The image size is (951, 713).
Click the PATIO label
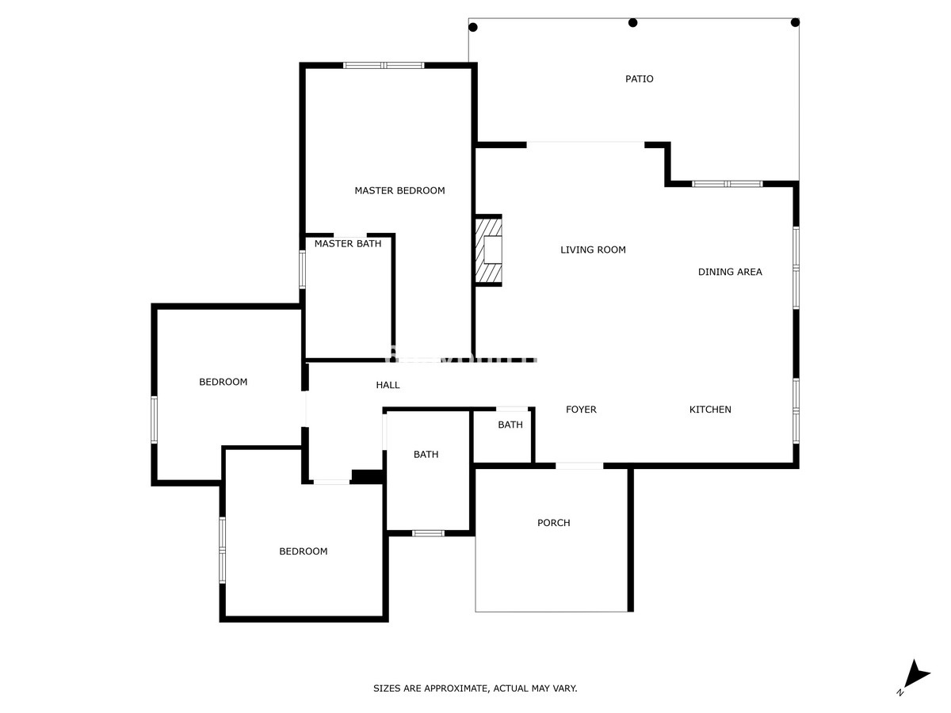(x=639, y=79)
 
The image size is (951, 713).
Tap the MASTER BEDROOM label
(x=399, y=191)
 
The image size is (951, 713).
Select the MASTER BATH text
(x=347, y=244)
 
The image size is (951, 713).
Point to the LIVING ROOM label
(x=593, y=250)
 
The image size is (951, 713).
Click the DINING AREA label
(x=729, y=273)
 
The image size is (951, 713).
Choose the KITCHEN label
(x=710, y=410)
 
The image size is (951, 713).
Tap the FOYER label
(x=581, y=410)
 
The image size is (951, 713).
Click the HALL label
(x=388, y=385)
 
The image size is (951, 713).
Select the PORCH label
(x=553, y=523)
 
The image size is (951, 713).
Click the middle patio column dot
(x=632, y=22)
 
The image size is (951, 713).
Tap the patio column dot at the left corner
(x=473, y=27)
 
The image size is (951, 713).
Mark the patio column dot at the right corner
(x=795, y=22)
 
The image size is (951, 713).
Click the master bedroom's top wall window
(x=384, y=65)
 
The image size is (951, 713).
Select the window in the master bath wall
(x=302, y=269)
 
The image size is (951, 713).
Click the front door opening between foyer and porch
(x=579, y=466)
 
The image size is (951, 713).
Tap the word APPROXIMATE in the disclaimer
(x=457, y=688)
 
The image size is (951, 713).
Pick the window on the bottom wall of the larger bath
(x=428, y=533)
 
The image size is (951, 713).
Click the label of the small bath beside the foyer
(x=510, y=425)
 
